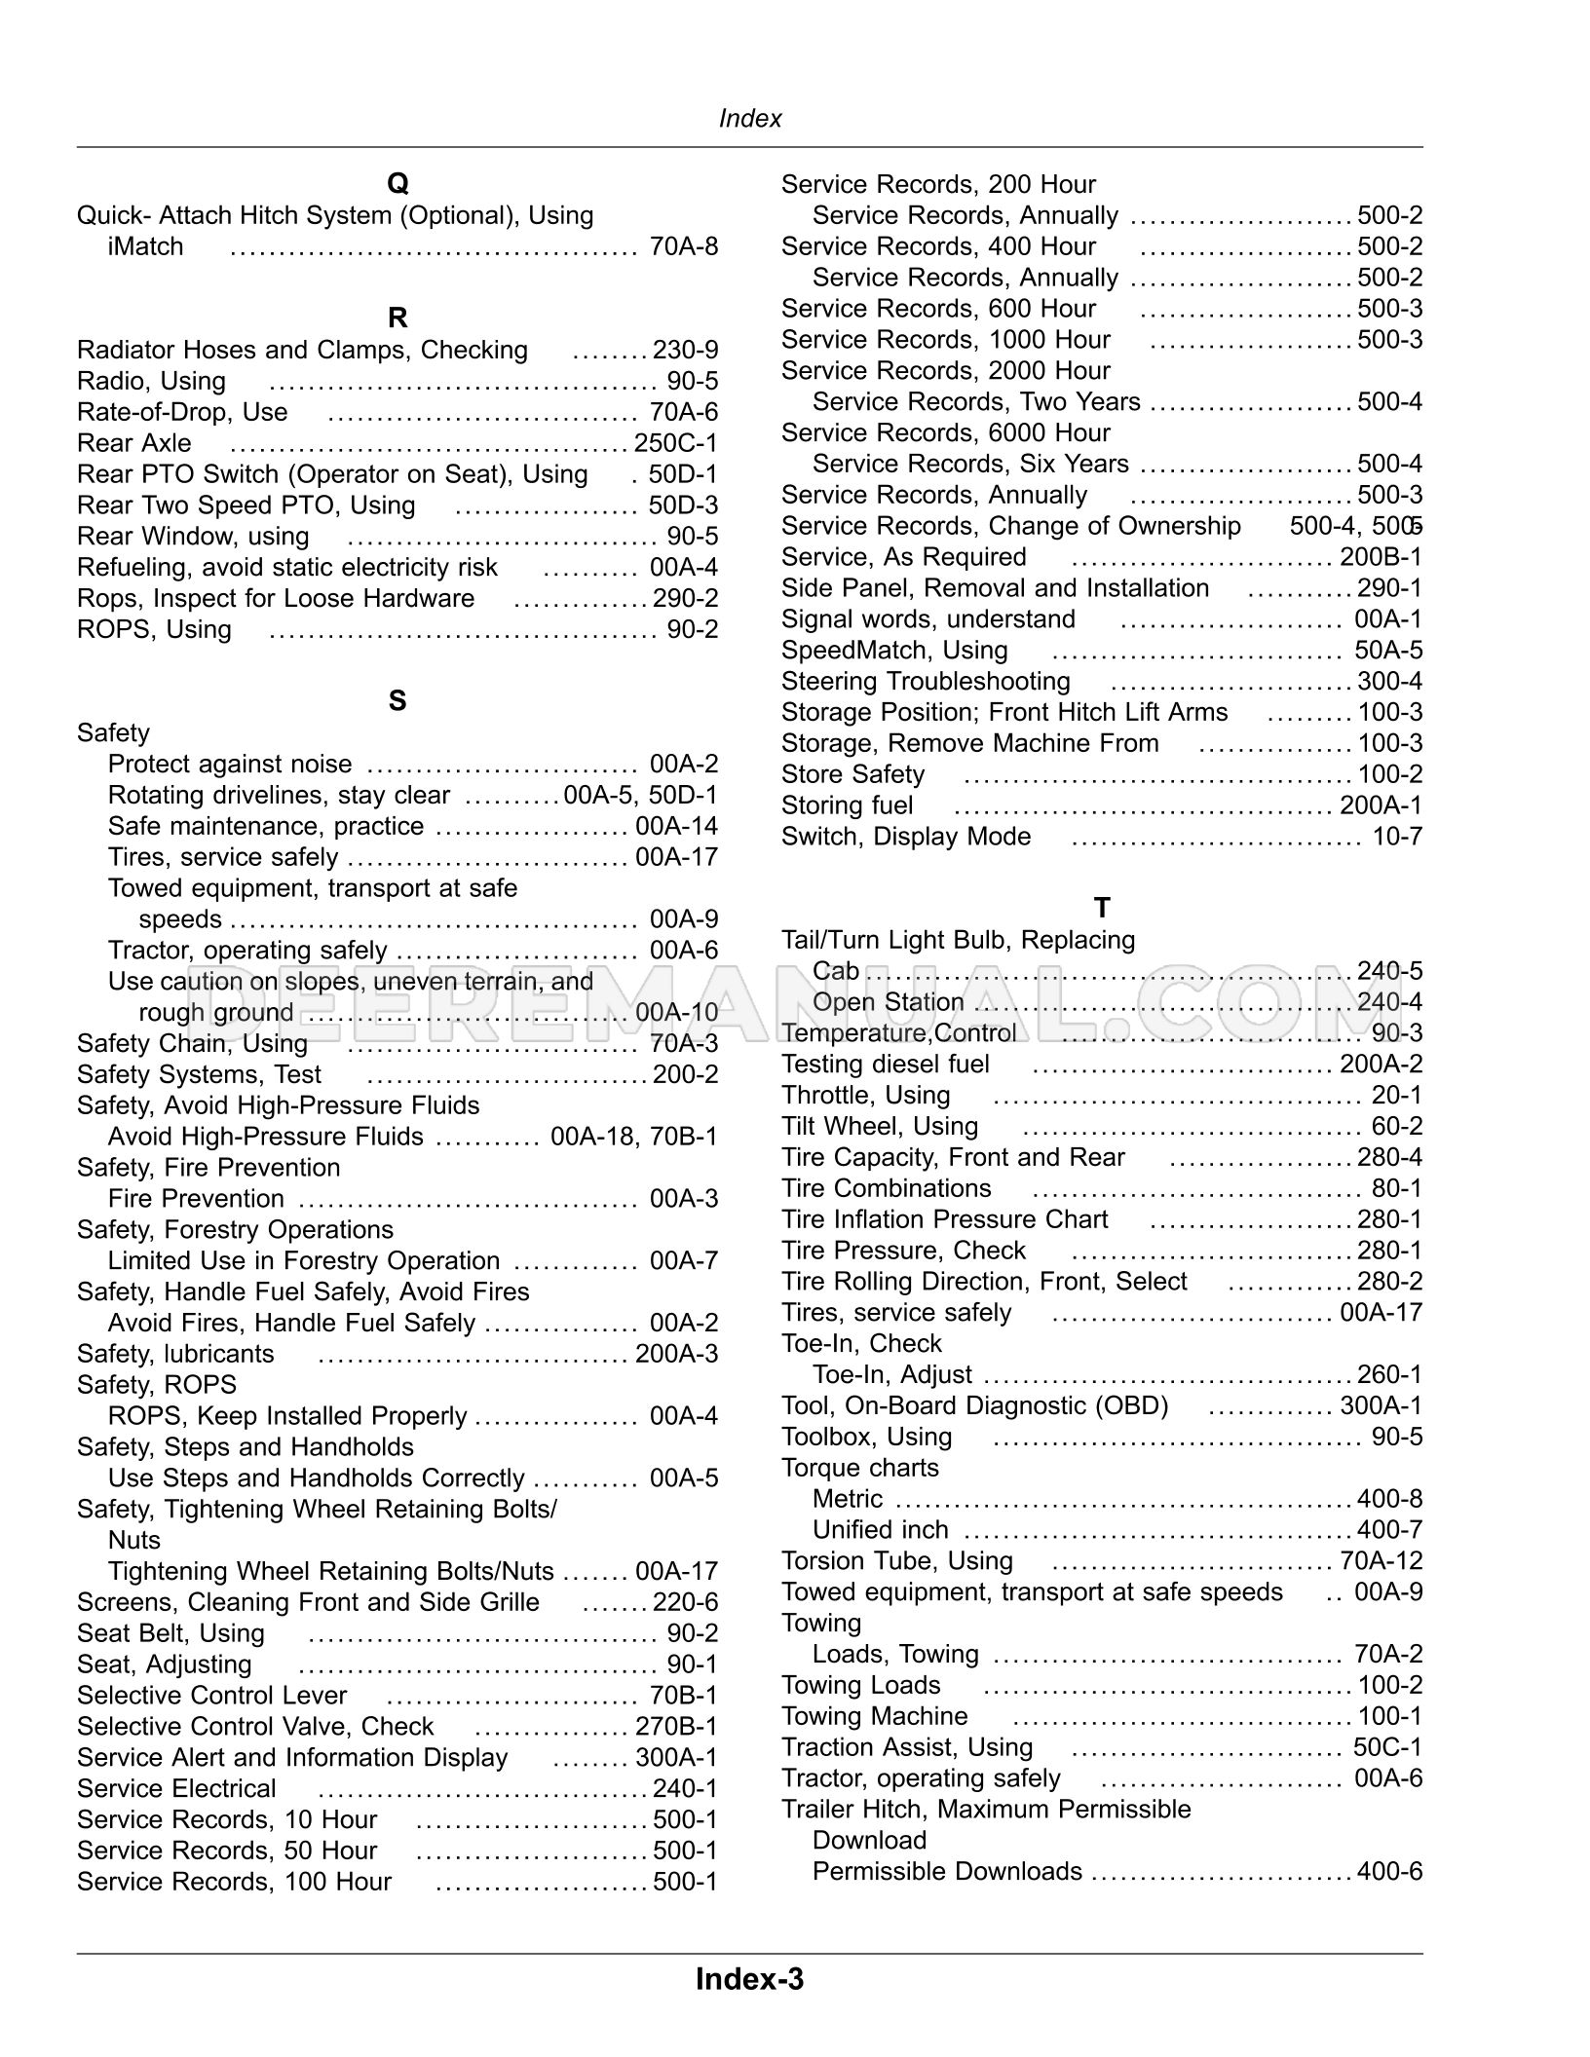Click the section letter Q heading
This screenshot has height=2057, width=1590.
coord(397,183)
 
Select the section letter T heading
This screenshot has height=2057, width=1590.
coord(1102,908)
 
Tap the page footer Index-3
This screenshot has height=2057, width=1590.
coord(749,1979)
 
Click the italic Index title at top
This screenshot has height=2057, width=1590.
coord(750,119)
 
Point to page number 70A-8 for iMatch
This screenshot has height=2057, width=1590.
coord(683,246)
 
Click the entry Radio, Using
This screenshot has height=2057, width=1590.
coord(151,381)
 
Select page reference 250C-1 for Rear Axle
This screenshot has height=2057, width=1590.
coord(675,443)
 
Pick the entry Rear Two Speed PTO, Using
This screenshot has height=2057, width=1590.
coord(246,505)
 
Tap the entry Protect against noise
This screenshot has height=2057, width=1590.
coord(230,765)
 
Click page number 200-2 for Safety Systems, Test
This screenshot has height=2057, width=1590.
coord(685,1074)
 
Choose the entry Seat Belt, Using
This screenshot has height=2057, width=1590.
coord(170,1633)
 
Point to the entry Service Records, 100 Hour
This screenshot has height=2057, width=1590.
coord(234,1882)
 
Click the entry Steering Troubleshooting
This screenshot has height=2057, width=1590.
coord(926,681)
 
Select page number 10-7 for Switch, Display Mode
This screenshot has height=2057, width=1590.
coord(1397,837)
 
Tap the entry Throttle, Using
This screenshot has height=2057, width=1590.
coord(865,1095)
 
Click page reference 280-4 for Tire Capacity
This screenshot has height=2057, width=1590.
coord(1389,1157)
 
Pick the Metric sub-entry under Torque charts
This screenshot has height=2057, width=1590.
coord(848,1499)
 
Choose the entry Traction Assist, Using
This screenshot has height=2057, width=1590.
coord(907,1747)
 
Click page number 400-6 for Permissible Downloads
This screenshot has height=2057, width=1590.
coord(1389,1872)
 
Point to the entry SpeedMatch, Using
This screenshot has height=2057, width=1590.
coord(894,650)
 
